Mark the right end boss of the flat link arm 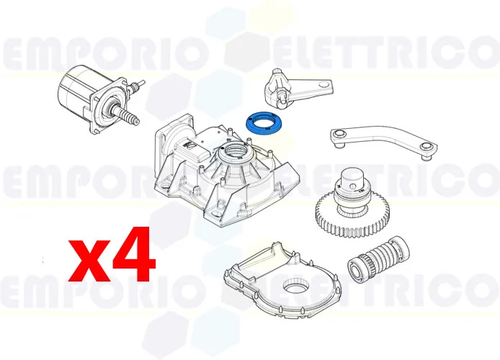pos(427,149)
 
